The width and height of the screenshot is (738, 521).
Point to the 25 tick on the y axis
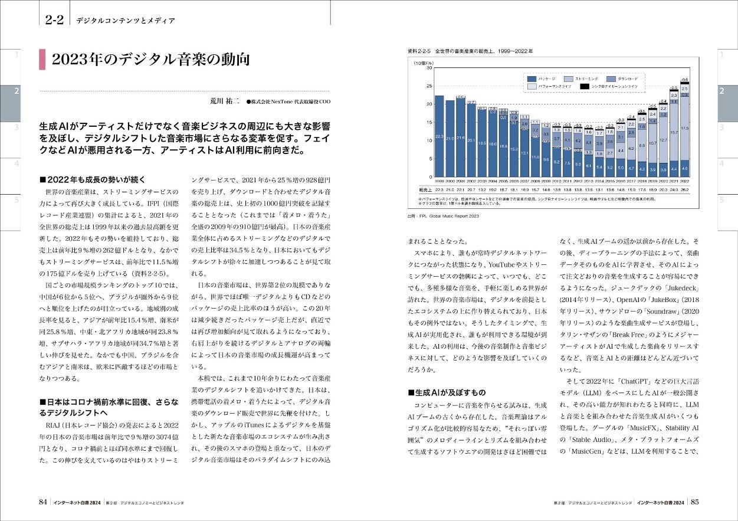coord(429,86)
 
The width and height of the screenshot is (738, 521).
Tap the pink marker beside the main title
coord(42,60)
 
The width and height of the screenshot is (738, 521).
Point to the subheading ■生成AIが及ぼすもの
coord(447,392)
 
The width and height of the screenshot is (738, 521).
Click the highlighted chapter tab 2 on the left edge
coord(17,91)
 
